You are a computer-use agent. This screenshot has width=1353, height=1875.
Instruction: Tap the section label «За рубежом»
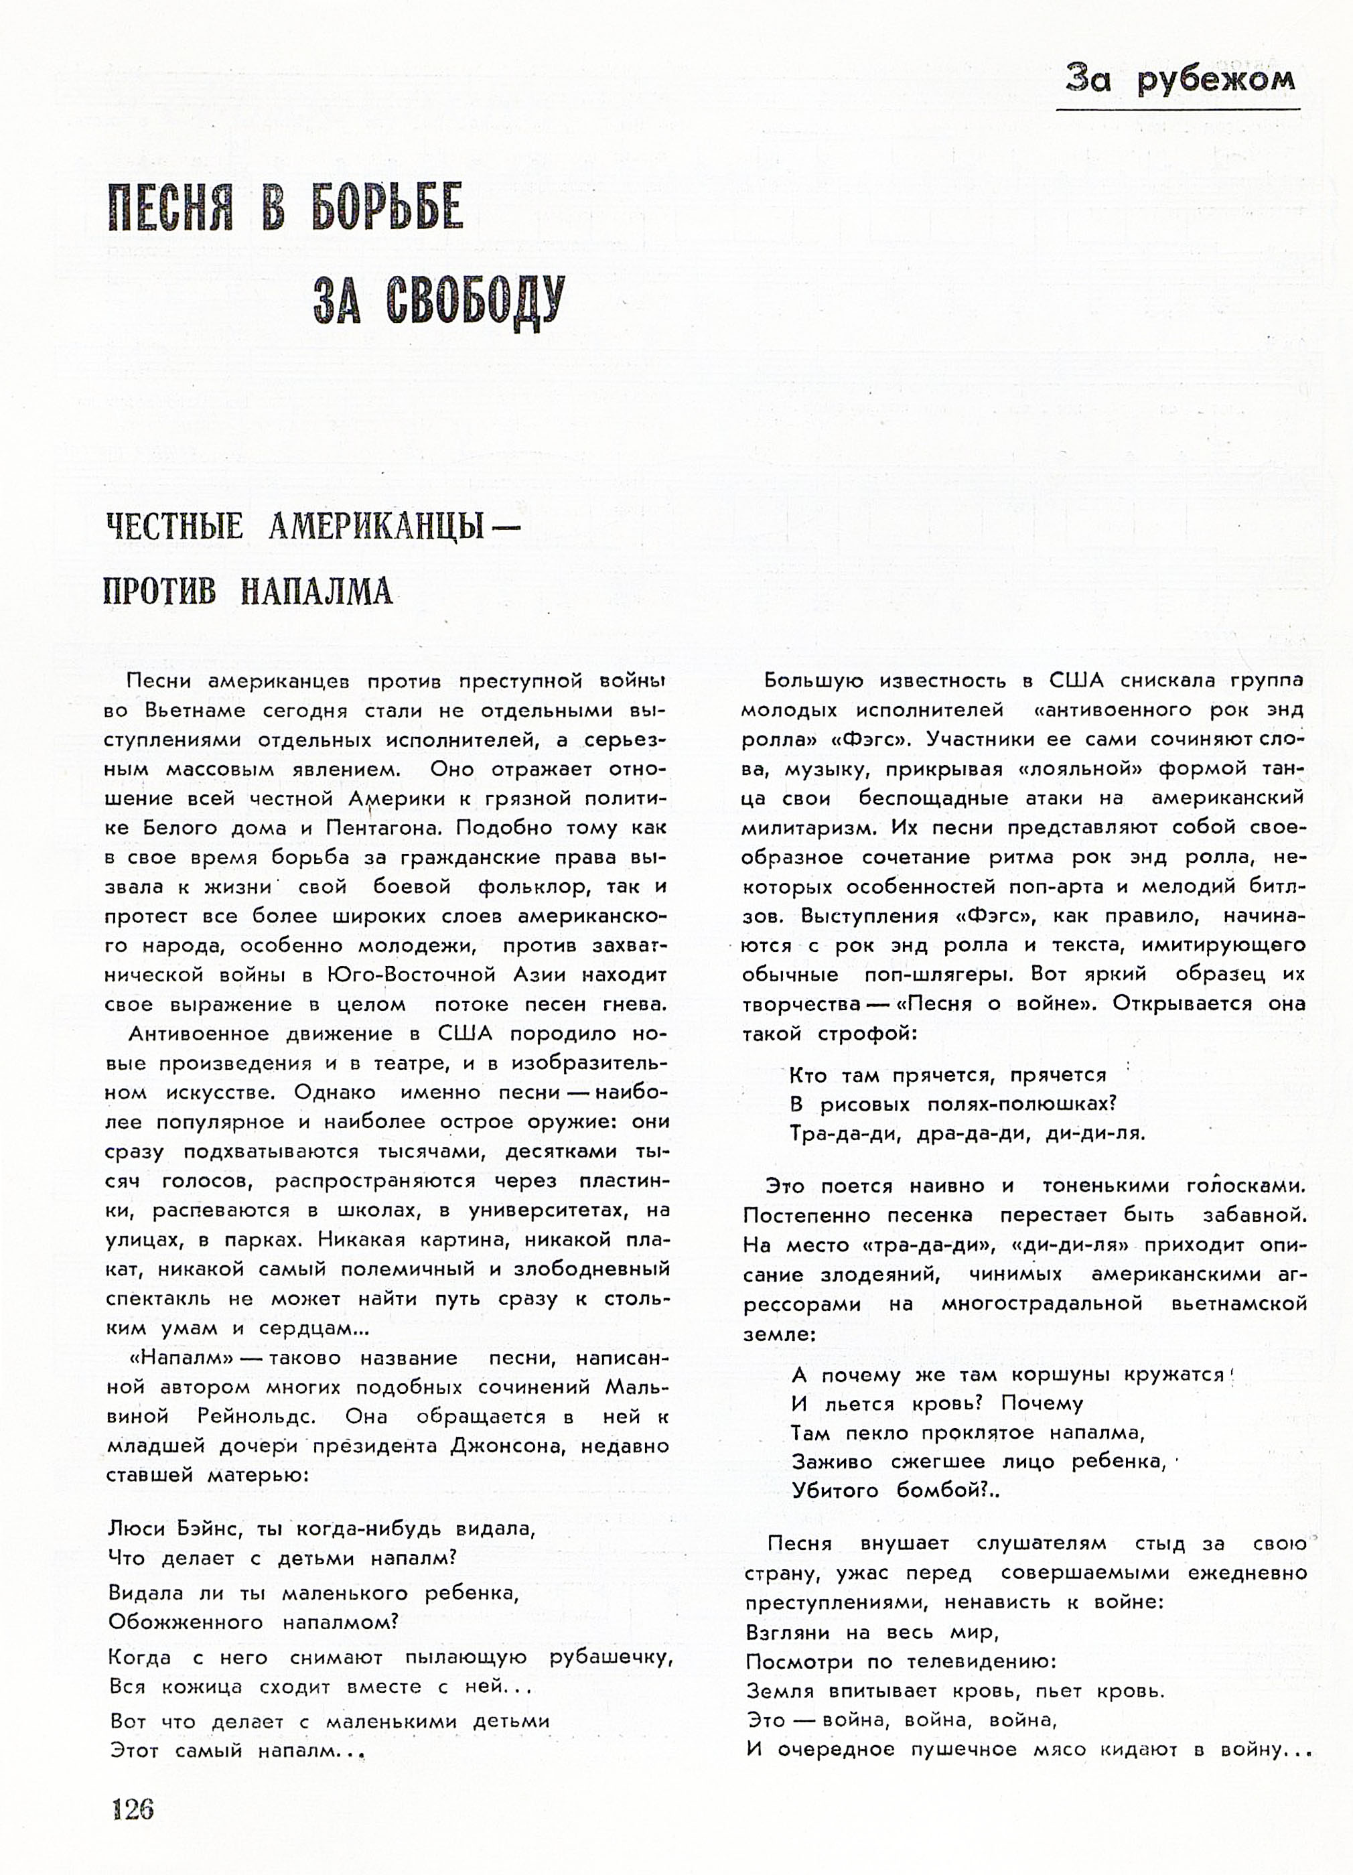[x=1180, y=78]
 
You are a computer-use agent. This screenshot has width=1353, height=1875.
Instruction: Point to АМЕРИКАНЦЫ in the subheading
[x=376, y=527]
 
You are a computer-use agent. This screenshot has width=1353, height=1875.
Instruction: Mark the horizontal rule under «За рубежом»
[x=1178, y=109]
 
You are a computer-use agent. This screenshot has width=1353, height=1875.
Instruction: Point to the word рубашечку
[x=611, y=1657]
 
